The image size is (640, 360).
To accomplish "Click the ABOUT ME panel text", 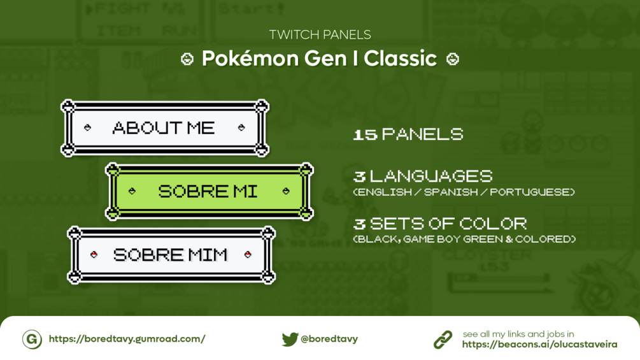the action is [x=163, y=128].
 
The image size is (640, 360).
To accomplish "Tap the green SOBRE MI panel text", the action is [x=208, y=191].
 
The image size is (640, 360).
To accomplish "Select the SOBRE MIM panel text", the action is [x=170, y=255].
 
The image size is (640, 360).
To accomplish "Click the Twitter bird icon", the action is [x=290, y=339].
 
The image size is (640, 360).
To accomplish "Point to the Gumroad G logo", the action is [x=32, y=339].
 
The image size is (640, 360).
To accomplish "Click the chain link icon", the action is [x=443, y=340].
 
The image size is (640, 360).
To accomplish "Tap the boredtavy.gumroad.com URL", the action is [x=127, y=339].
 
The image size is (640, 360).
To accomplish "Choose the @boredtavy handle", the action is [x=329, y=339].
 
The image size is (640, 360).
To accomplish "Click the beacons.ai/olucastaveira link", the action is [x=539, y=345].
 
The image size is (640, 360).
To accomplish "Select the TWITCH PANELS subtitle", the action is [x=320, y=34].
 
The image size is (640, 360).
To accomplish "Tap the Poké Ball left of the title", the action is [x=187, y=59].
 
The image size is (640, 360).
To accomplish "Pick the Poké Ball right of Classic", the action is [x=452, y=59].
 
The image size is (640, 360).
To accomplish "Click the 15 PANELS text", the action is [x=408, y=134].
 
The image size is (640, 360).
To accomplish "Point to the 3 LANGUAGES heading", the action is [x=423, y=176].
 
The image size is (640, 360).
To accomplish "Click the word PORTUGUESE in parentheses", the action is [x=530, y=192].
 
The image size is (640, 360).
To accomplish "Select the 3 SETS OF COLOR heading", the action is [x=440, y=224].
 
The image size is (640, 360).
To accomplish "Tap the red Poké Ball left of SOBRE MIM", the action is [x=94, y=255].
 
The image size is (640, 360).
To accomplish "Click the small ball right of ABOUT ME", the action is [x=241, y=128].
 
